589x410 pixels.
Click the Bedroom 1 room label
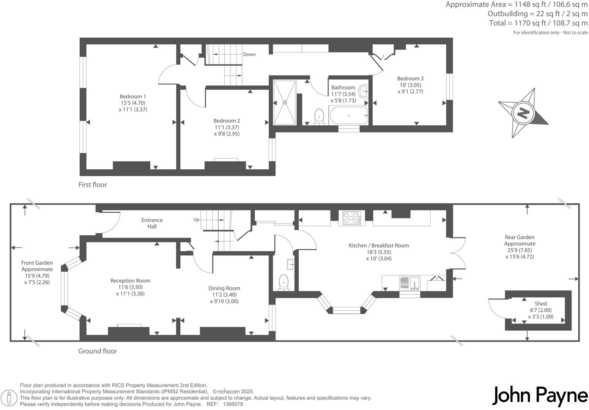(132, 96)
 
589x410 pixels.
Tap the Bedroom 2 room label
(227, 121)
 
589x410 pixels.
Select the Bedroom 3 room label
(410, 79)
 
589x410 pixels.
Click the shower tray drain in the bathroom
(285, 102)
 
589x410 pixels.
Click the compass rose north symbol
(523, 113)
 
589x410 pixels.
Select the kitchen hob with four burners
(351, 218)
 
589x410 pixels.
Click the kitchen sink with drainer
(409, 283)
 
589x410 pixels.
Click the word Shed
(540, 303)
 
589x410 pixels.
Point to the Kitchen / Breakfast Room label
(379, 246)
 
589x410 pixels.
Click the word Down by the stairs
(249, 54)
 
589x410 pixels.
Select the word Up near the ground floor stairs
(196, 219)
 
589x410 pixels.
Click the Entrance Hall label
(152, 223)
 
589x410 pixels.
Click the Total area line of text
(538, 23)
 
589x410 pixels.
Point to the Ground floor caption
(98, 351)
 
